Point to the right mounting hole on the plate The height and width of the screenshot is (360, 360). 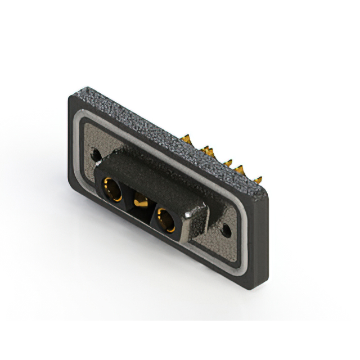tap(227, 229)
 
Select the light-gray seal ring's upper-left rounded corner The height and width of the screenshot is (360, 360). tap(83, 119)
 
